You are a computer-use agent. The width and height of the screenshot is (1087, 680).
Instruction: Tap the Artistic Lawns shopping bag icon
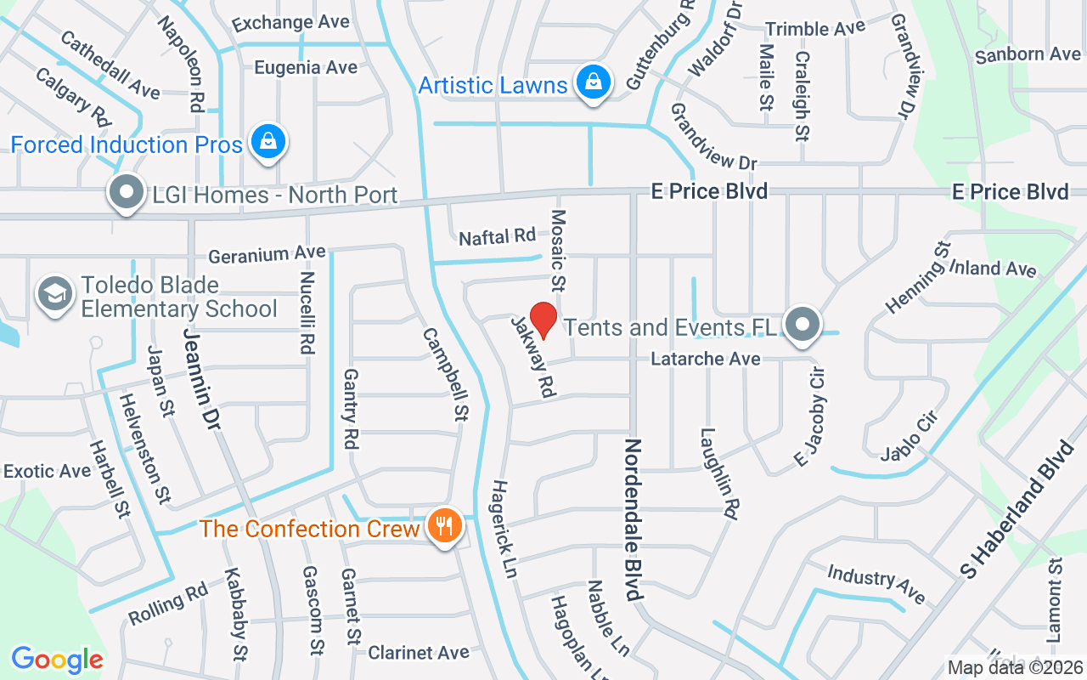click(593, 83)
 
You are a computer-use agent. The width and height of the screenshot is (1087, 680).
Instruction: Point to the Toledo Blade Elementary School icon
click(55, 295)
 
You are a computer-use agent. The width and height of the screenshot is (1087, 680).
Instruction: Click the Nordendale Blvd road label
click(633, 520)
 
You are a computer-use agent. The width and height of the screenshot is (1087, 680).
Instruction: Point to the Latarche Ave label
click(705, 360)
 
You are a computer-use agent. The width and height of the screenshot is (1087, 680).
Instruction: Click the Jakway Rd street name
click(532, 357)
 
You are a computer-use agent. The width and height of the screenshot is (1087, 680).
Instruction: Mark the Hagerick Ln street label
click(504, 528)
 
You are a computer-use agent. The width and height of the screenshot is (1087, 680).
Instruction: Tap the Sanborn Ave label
click(1028, 54)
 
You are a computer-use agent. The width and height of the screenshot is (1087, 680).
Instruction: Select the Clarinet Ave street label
click(418, 653)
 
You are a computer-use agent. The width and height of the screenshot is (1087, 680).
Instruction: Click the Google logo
click(57, 660)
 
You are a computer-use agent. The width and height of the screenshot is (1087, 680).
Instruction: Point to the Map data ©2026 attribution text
click(1015, 668)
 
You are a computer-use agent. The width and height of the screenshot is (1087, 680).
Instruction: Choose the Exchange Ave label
click(290, 23)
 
